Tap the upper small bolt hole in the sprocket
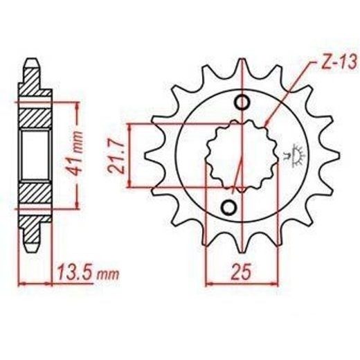point(242,103)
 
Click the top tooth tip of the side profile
point(32,62)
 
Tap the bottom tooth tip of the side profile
point(32,246)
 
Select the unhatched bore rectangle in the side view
point(34,154)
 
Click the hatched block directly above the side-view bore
point(34,118)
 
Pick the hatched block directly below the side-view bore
point(34,190)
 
